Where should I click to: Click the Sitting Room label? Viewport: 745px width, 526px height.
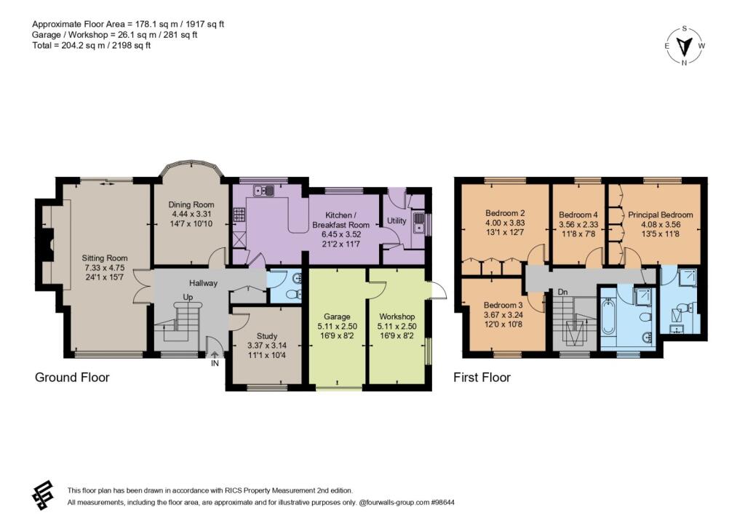[x=105, y=258]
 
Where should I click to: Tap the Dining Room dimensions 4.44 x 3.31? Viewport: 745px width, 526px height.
[x=191, y=214]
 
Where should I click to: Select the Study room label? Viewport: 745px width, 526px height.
[x=266, y=336]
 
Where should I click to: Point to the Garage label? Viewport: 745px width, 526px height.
[x=337, y=316]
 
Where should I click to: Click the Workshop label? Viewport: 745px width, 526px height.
[x=397, y=316]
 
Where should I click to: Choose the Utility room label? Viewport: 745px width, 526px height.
[x=397, y=220]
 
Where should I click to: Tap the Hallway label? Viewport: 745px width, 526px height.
[x=204, y=283]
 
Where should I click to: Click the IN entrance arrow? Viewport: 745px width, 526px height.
[x=215, y=354]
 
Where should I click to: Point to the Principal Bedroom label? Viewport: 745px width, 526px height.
[x=661, y=215]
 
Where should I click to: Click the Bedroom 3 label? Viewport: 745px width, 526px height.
[x=503, y=305]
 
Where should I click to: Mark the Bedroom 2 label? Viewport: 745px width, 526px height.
[x=505, y=213]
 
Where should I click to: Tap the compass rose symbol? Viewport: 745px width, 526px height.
[x=684, y=46]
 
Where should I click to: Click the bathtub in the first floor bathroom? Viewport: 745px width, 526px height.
[x=608, y=316]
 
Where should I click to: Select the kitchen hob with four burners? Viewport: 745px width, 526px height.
[x=239, y=215]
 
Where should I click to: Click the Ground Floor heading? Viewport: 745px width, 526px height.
[x=72, y=378]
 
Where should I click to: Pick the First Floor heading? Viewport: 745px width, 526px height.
[x=482, y=378]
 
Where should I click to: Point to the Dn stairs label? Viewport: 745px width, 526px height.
[x=562, y=292]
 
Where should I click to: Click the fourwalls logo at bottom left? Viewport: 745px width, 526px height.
[x=43, y=495]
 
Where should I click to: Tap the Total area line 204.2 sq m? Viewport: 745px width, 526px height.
[x=91, y=46]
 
